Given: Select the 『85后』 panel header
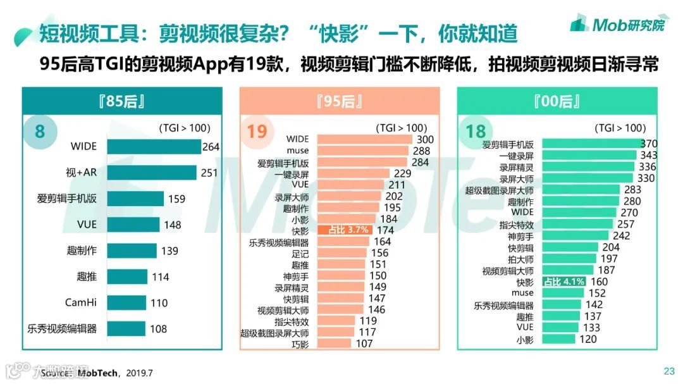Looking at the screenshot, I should point(122,101).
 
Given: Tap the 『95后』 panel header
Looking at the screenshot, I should point(340,101).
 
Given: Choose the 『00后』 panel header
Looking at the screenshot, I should point(557,101).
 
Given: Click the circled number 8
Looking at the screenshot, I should point(40,132).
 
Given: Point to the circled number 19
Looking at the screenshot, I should point(257,132).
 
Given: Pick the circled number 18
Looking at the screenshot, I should point(476,132).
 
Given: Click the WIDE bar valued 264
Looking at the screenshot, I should point(154,147).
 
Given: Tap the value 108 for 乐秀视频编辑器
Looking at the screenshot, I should point(159,329).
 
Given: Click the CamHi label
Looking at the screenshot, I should point(81,302).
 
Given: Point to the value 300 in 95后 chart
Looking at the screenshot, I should point(424,140).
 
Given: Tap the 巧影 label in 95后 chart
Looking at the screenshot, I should point(300,344).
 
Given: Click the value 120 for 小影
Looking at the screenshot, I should point(588,339).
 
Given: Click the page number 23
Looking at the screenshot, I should point(668,371).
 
